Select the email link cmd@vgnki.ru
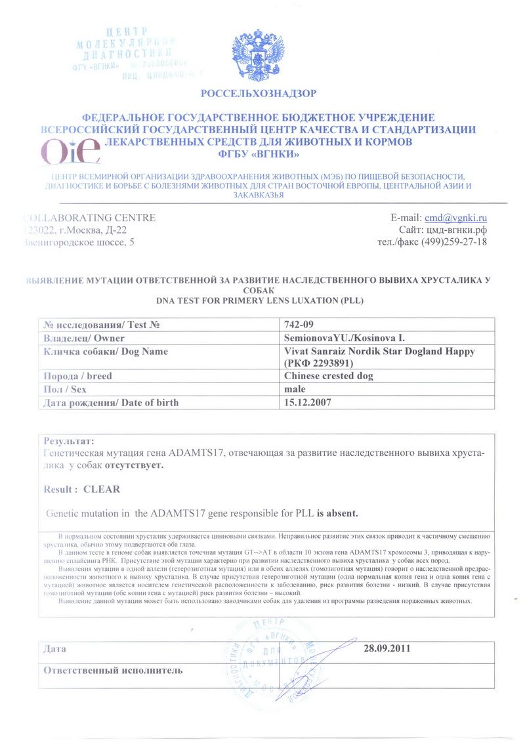[455, 218]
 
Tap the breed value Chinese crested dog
[328, 376]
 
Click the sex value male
[295, 389]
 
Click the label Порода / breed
[77, 376]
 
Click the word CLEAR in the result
[102, 489]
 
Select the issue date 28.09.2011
[387, 649]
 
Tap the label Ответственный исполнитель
[113, 670]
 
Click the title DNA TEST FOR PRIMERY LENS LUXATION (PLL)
[259, 300]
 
